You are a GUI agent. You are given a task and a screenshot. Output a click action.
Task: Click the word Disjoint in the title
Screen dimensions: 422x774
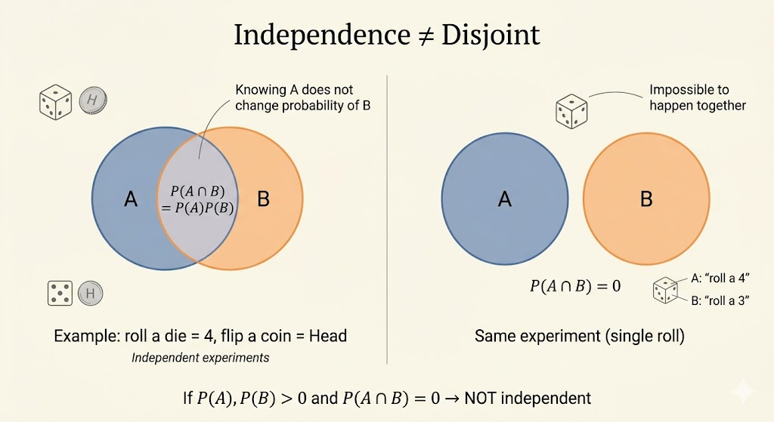click(x=497, y=35)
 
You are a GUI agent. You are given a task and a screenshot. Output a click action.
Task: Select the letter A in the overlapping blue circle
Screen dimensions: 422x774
click(x=130, y=199)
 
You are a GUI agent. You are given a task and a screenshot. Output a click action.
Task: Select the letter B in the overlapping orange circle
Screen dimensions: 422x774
click(x=263, y=199)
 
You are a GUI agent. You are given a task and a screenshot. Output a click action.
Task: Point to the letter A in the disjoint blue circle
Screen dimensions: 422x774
click(x=505, y=199)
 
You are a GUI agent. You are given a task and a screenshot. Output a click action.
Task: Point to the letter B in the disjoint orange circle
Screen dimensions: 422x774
click(x=646, y=199)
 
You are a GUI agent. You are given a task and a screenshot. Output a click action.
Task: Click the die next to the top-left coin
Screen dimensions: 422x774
click(x=55, y=101)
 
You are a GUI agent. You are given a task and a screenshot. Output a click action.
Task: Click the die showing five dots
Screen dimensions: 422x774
click(x=60, y=293)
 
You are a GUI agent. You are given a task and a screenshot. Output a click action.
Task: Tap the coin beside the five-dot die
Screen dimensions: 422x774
click(x=91, y=293)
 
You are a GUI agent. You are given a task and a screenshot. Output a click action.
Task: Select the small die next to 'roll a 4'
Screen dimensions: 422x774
click(x=665, y=290)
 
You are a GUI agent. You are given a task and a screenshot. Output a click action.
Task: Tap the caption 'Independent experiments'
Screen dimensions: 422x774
click(x=200, y=357)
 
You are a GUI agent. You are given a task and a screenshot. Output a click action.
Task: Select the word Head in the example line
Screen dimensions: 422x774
click(x=327, y=336)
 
